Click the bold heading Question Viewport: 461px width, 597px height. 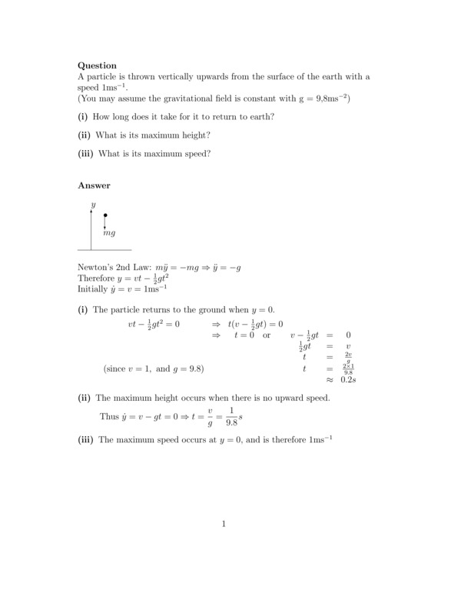pyautogui.click(x=98, y=65)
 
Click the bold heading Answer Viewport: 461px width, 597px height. pyautogui.click(x=94, y=185)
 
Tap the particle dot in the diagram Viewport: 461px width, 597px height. pyautogui.click(x=105, y=215)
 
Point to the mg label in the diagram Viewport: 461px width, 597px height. pyautogui.click(x=109, y=232)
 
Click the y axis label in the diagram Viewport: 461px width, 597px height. pyautogui.click(x=93, y=205)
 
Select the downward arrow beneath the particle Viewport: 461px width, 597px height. pyautogui.click(x=105, y=224)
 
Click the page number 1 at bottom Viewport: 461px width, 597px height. pyautogui.click(x=224, y=524)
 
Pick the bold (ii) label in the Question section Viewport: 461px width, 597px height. pyautogui.click(x=85, y=135)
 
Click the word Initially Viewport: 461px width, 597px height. pyautogui.click(x=93, y=289)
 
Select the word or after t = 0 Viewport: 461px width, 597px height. pyautogui.click(x=267, y=335)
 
